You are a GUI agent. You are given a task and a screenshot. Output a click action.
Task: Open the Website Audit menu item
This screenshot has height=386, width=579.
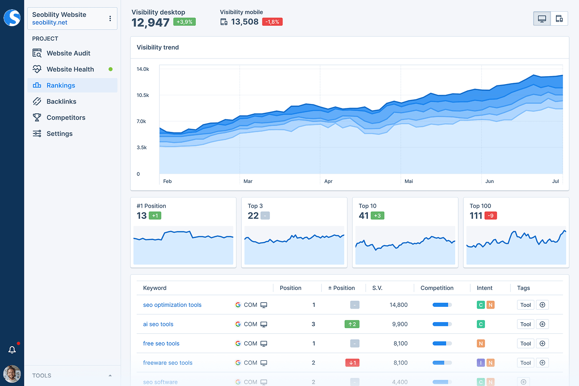(x=68, y=53)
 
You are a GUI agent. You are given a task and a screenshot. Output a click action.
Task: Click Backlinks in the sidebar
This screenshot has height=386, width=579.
(x=61, y=101)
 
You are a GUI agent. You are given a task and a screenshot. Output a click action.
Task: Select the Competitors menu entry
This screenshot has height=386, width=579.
(x=66, y=117)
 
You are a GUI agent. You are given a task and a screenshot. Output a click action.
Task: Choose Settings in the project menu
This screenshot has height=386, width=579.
(x=59, y=134)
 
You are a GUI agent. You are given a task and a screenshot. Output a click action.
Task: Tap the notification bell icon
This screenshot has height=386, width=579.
(x=12, y=350)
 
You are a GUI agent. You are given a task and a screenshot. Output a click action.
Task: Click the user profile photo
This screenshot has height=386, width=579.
(x=12, y=374)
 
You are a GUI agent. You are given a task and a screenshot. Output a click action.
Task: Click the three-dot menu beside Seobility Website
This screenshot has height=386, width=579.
(x=110, y=19)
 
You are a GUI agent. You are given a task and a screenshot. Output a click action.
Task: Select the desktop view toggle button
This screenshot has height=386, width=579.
(x=542, y=19)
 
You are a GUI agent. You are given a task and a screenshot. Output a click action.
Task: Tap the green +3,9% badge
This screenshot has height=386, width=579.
(x=184, y=22)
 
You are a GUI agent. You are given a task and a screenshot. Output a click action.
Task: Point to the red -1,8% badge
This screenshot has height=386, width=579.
(x=272, y=22)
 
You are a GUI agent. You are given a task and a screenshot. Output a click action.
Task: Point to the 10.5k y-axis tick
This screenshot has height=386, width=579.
(x=143, y=95)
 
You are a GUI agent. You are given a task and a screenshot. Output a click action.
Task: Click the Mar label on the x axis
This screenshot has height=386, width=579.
(x=248, y=181)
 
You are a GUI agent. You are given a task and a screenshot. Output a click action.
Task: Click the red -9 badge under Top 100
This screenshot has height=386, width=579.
(x=490, y=216)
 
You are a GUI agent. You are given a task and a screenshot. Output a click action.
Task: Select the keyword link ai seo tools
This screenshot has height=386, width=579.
(x=158, y=324)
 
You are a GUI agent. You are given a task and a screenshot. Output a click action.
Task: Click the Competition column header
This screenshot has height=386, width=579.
(x=437, y=288)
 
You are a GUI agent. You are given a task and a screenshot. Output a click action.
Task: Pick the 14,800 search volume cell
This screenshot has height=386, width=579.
(x=398, y=305)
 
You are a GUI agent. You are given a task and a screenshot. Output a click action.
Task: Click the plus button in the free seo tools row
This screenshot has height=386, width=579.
(x=542, y=344)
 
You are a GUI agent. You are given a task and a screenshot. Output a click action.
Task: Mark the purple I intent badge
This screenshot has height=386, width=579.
(x=480, y=363)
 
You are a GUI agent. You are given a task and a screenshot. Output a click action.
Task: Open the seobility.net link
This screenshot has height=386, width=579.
(x=50, y=22)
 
